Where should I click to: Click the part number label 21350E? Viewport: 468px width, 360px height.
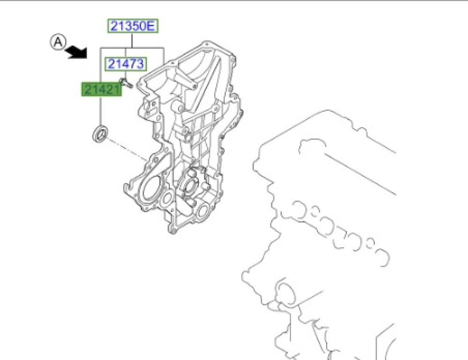pos(132,26)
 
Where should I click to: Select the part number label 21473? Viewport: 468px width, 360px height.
pos(125,64)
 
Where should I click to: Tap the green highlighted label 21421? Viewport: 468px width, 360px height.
pos(102,89)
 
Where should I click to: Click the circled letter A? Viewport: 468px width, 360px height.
pos(58,42)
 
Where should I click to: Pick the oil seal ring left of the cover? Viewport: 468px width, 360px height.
pos(100,134)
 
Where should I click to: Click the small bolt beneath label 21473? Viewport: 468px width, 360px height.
pos(125,83)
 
